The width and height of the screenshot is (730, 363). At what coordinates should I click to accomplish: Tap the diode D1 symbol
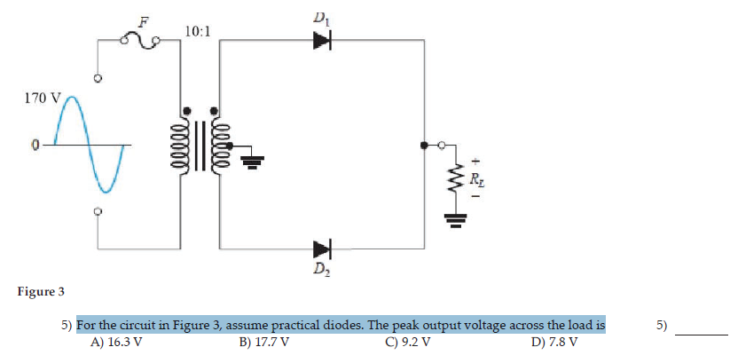(x=321, y=39)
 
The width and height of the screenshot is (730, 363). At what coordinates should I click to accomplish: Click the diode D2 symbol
(x=321, y=249)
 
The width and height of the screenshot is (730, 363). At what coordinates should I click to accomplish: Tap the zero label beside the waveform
(x=35, y=144)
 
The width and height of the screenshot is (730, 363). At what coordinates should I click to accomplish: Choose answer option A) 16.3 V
(x=116, y=342)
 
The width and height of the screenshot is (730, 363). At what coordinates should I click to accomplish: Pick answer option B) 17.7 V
(x=263, y=342)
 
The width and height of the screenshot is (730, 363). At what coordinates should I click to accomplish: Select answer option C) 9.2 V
(x=408, y=342)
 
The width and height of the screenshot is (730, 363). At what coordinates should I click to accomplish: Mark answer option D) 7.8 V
(x=554, y=342)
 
